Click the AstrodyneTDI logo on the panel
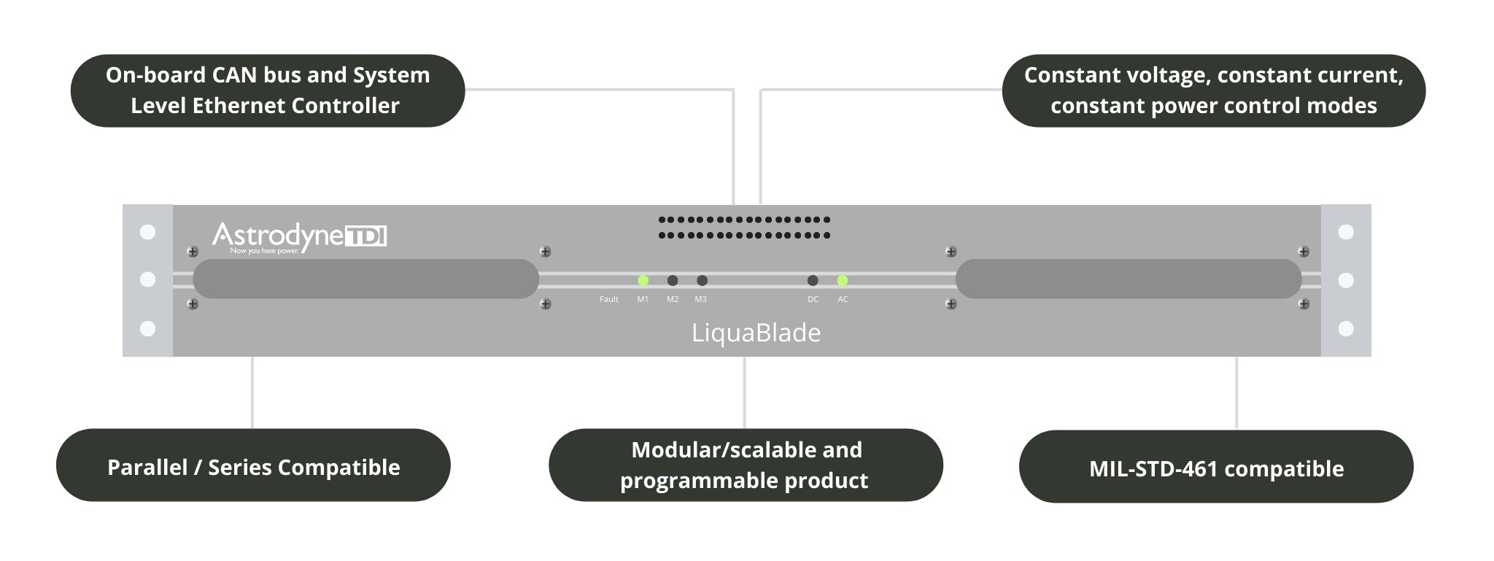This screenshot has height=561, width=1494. tap(298, 236)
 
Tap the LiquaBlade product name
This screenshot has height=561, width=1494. tap(756, 333)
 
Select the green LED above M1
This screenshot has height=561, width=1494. tap(643, 280)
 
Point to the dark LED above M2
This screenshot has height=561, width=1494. tap(673, 280)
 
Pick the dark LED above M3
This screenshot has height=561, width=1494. tap(702, 280)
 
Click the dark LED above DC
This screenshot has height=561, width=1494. tap(813, 280)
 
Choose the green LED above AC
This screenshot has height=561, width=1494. tap(843, 280)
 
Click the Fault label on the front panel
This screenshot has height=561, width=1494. tap(609, 299)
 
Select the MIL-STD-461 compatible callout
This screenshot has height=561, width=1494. tap(1216, 468)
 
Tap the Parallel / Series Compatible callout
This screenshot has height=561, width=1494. tap(253, 466)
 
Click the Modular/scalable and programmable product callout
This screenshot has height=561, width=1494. tap(745, 465)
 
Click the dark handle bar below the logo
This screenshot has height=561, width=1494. tap(365, 279)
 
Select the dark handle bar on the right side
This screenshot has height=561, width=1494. tap(1129, 279)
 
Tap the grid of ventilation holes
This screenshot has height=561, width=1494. tap(744, 227)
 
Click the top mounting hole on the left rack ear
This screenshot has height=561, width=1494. tap(147, 232)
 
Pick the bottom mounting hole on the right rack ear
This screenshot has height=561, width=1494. tap(1346, 329)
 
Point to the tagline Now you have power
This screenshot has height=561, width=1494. tap(265, 251)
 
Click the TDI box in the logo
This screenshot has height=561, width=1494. tap(365, 236)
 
